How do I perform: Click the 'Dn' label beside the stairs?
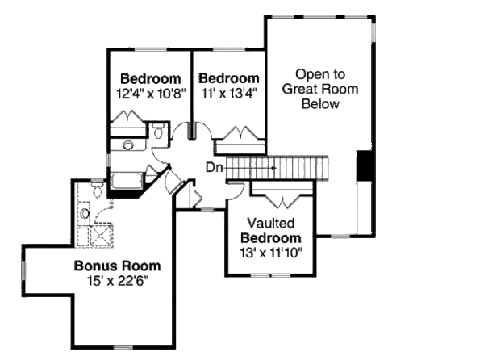(213, 168)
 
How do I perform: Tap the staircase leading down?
(278, 167)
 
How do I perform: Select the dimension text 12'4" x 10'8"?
(150, 93)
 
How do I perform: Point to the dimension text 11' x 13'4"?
(228, 93)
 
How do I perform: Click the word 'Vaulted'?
(270, 223)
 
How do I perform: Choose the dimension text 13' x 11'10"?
(271, 253)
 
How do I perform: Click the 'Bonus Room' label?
(117, 265)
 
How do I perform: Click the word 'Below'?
(319, 104)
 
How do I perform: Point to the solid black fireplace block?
(365, 166)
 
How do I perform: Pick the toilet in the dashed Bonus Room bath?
(96, 190)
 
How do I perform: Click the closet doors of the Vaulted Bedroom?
(281, 196)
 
